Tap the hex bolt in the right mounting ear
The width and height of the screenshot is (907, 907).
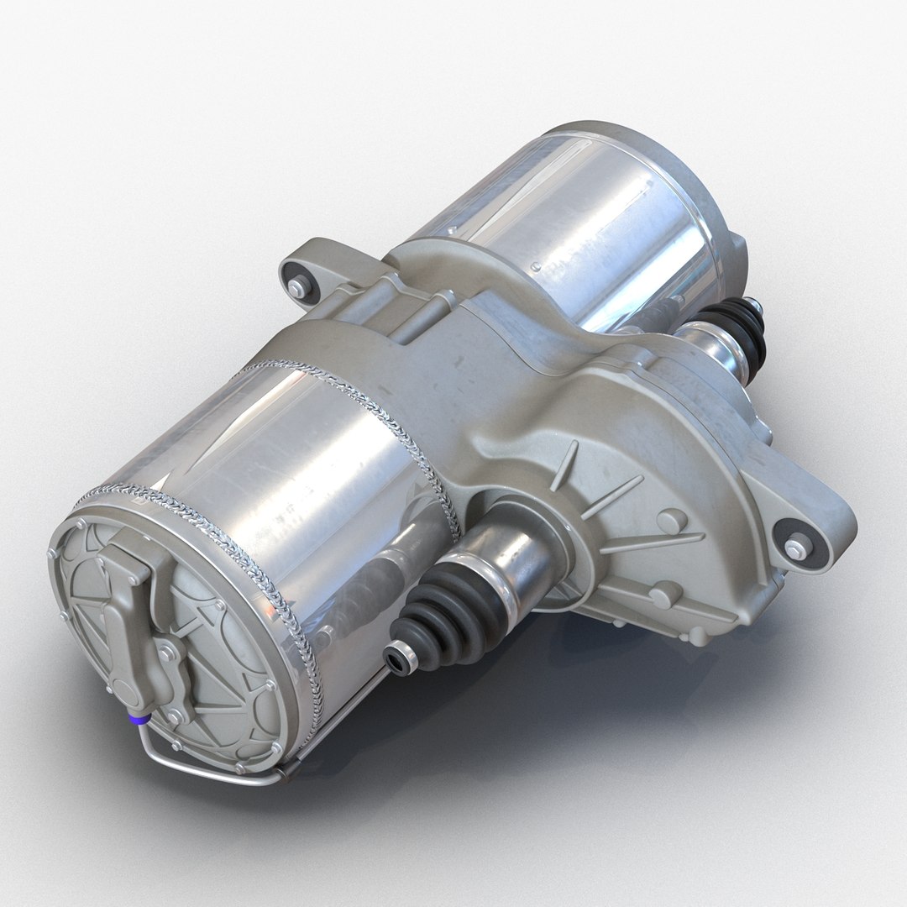click(794, 550)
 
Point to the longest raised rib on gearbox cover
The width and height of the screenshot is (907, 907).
click(651, 542)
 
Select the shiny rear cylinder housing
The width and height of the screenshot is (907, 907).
click(579, 218)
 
